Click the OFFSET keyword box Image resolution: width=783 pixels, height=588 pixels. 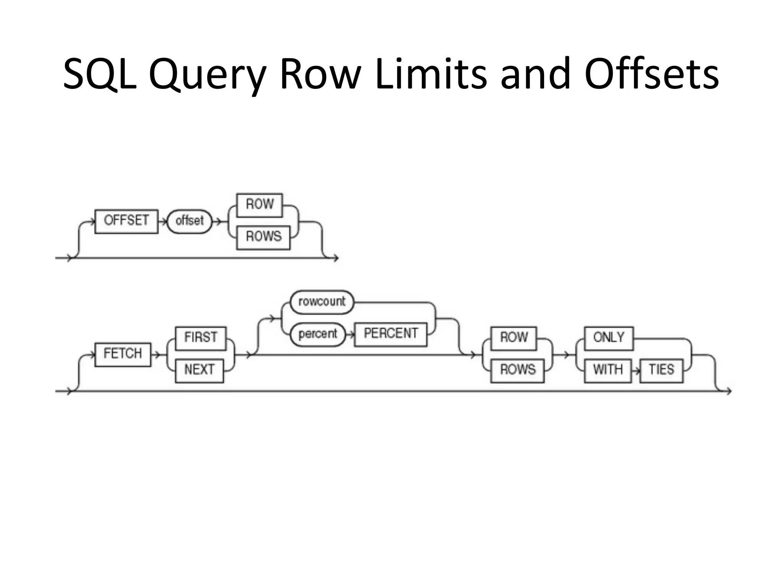click(x=126, y=221)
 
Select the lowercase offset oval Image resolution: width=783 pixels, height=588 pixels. click(x=190, y=221)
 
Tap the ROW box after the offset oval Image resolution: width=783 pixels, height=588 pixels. click(x=260, y=205)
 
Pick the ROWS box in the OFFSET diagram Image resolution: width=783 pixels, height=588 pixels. click(x=263, y=237)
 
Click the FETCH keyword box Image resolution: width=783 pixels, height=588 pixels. click(x=123, y=354)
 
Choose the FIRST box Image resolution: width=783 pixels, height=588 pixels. click(x=201, y=338)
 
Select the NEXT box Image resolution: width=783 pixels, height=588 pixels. click(x=199, y=370)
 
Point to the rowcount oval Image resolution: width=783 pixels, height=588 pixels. click(x=322, y=302)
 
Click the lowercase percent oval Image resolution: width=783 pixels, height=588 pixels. click(x=318, y=334)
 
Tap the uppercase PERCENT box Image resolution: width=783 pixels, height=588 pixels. click(x=390, y=334)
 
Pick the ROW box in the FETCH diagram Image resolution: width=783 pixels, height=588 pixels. click(x=513, y=338)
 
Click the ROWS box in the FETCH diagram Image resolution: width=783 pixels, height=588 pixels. click(x=517, y=370)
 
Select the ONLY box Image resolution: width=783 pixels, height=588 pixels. click(x=609, y=338)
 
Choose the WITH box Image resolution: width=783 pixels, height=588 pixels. click(x=608, y=370)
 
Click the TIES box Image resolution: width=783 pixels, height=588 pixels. click(x=661, y=370)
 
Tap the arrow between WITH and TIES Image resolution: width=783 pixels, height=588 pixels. click(x=635, y=371)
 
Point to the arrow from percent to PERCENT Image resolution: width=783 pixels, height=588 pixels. click(x=350, y=335)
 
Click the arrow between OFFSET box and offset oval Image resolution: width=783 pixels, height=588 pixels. click(x=163, y=221)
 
